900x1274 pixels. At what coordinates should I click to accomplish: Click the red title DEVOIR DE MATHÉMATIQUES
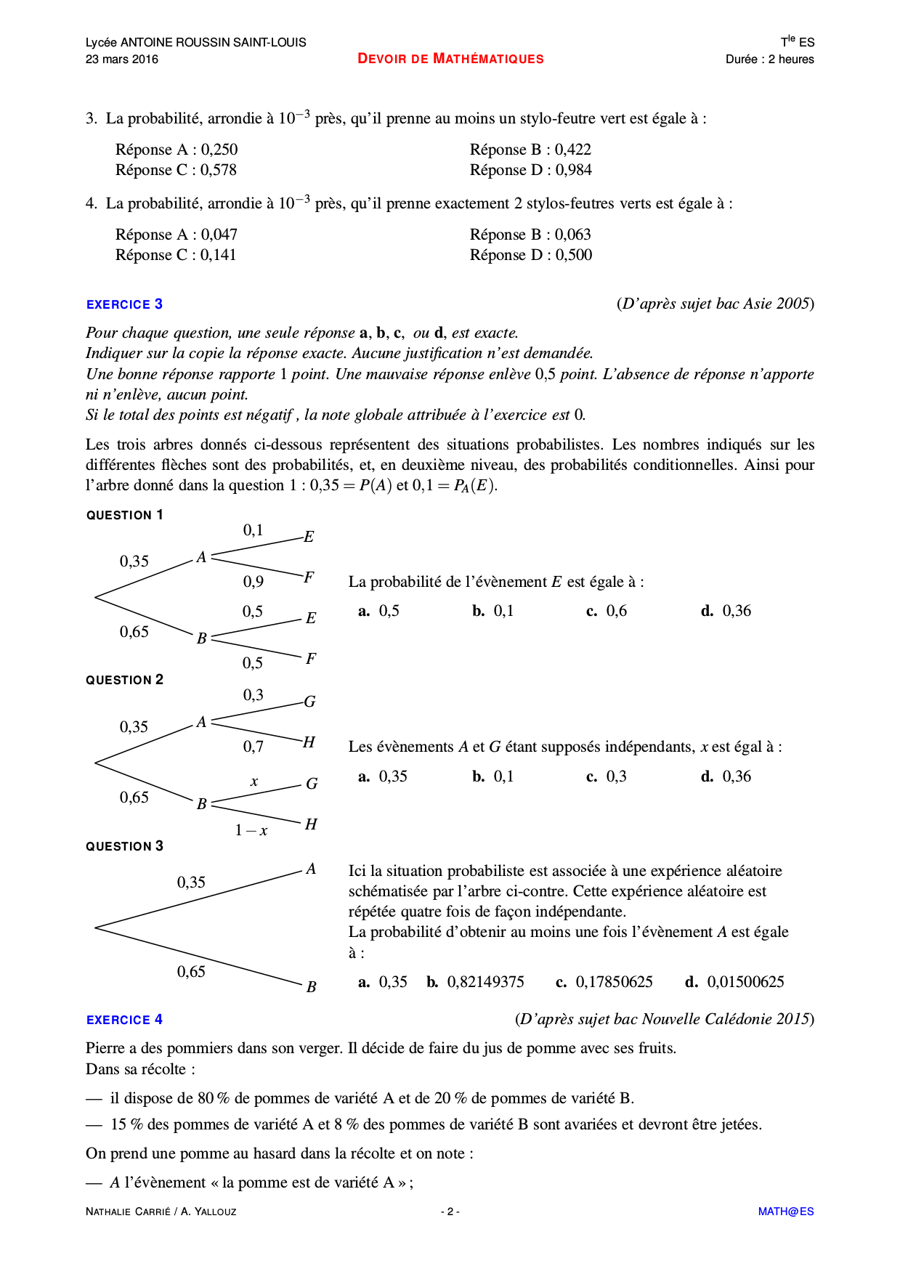[x=450, y=59]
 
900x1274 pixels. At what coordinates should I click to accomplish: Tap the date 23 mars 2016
[x=122, y=60]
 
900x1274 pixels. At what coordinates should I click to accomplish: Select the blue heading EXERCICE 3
[x=124, y=304]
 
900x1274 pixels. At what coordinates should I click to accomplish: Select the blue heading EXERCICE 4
[x=124, y=1020]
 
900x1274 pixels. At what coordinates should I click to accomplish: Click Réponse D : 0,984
[x=530, y=170]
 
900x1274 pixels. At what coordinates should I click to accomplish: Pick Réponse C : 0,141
[x=176, y=255]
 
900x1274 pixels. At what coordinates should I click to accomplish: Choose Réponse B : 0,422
[x=530, y=150]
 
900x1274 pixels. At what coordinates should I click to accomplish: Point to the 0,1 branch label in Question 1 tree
[x=253, y=530]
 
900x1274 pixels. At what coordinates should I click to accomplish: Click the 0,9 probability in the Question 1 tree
[x=253, y=582]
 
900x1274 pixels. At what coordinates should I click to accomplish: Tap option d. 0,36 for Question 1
[x=726, y=611]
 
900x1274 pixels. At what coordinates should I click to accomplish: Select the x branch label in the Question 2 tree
[x=254, y=782]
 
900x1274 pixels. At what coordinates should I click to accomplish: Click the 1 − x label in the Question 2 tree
[x=251, y=830]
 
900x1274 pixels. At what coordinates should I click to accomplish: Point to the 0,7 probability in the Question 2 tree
[x=253, y=747]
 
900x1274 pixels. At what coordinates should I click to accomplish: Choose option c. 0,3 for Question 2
[x=607, y=776]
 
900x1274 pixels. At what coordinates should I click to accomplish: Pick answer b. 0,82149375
[x=475, y=982]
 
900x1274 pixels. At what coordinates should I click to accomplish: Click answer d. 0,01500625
[x=734, y=982]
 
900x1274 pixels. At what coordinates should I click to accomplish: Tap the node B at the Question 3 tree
[x=311, y=987]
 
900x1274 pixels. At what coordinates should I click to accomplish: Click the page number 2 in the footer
[x=450, y=1212]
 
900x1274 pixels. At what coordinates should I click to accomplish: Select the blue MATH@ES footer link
[x=785, y=1212]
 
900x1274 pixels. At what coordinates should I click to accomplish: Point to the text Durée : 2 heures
[x=769, y=60]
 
